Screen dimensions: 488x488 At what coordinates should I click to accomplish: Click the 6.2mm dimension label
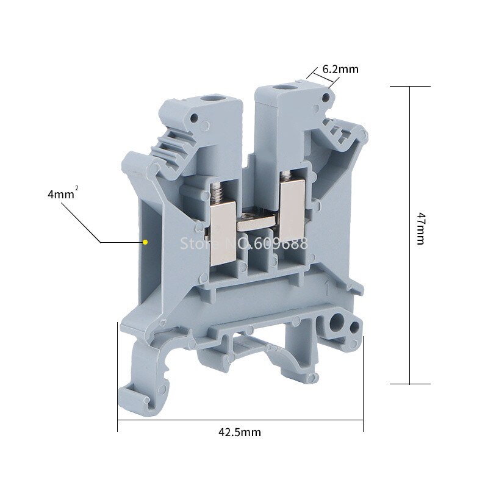pos(340,69)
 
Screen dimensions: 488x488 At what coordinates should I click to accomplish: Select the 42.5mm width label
pos(240,432)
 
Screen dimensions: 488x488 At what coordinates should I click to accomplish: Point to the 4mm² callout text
pos(62,195)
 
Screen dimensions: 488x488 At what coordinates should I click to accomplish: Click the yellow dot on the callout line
pos(145,242)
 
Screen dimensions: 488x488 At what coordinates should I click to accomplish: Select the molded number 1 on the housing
pos(329,286)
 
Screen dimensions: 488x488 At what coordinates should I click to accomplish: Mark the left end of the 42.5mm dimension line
pos(117,420)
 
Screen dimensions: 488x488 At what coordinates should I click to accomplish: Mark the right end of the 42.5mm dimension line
pos(363,420)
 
